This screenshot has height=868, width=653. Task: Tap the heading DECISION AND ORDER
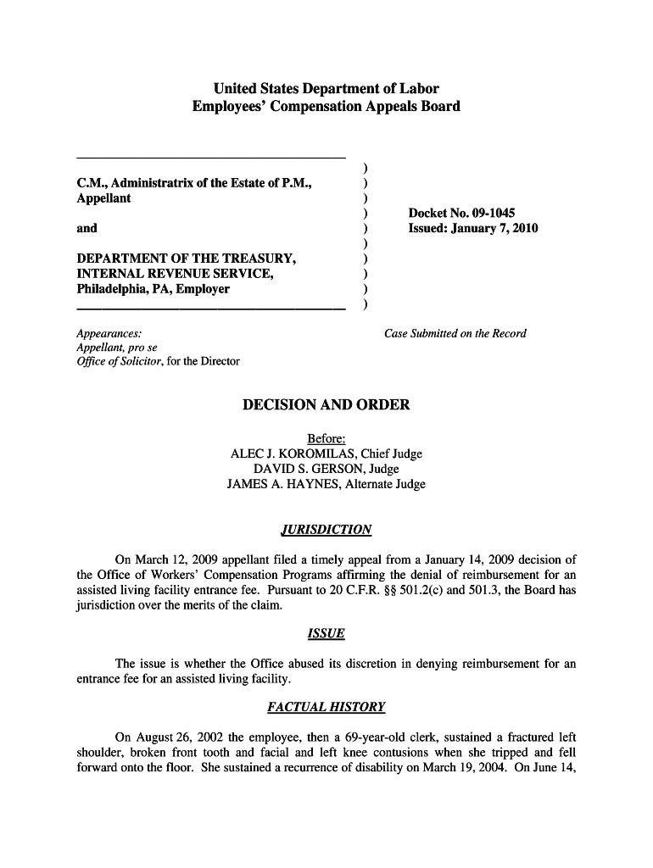pyautogui.click(x=326, y=405)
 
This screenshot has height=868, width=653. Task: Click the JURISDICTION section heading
pyautogui.click(x=326, y=530)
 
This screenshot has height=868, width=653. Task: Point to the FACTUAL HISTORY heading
pyautogui.click(x=326, y=706)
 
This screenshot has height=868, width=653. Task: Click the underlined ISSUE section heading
pyautogui.click(x=326, y=633)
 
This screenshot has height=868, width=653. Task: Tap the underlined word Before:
pyautogui.click(x=326, y=438)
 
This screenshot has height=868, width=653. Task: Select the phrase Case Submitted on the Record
pyautogui.click(x=455, y=333)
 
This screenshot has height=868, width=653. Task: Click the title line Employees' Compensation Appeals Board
pyautogui.click(x=326, y=107)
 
